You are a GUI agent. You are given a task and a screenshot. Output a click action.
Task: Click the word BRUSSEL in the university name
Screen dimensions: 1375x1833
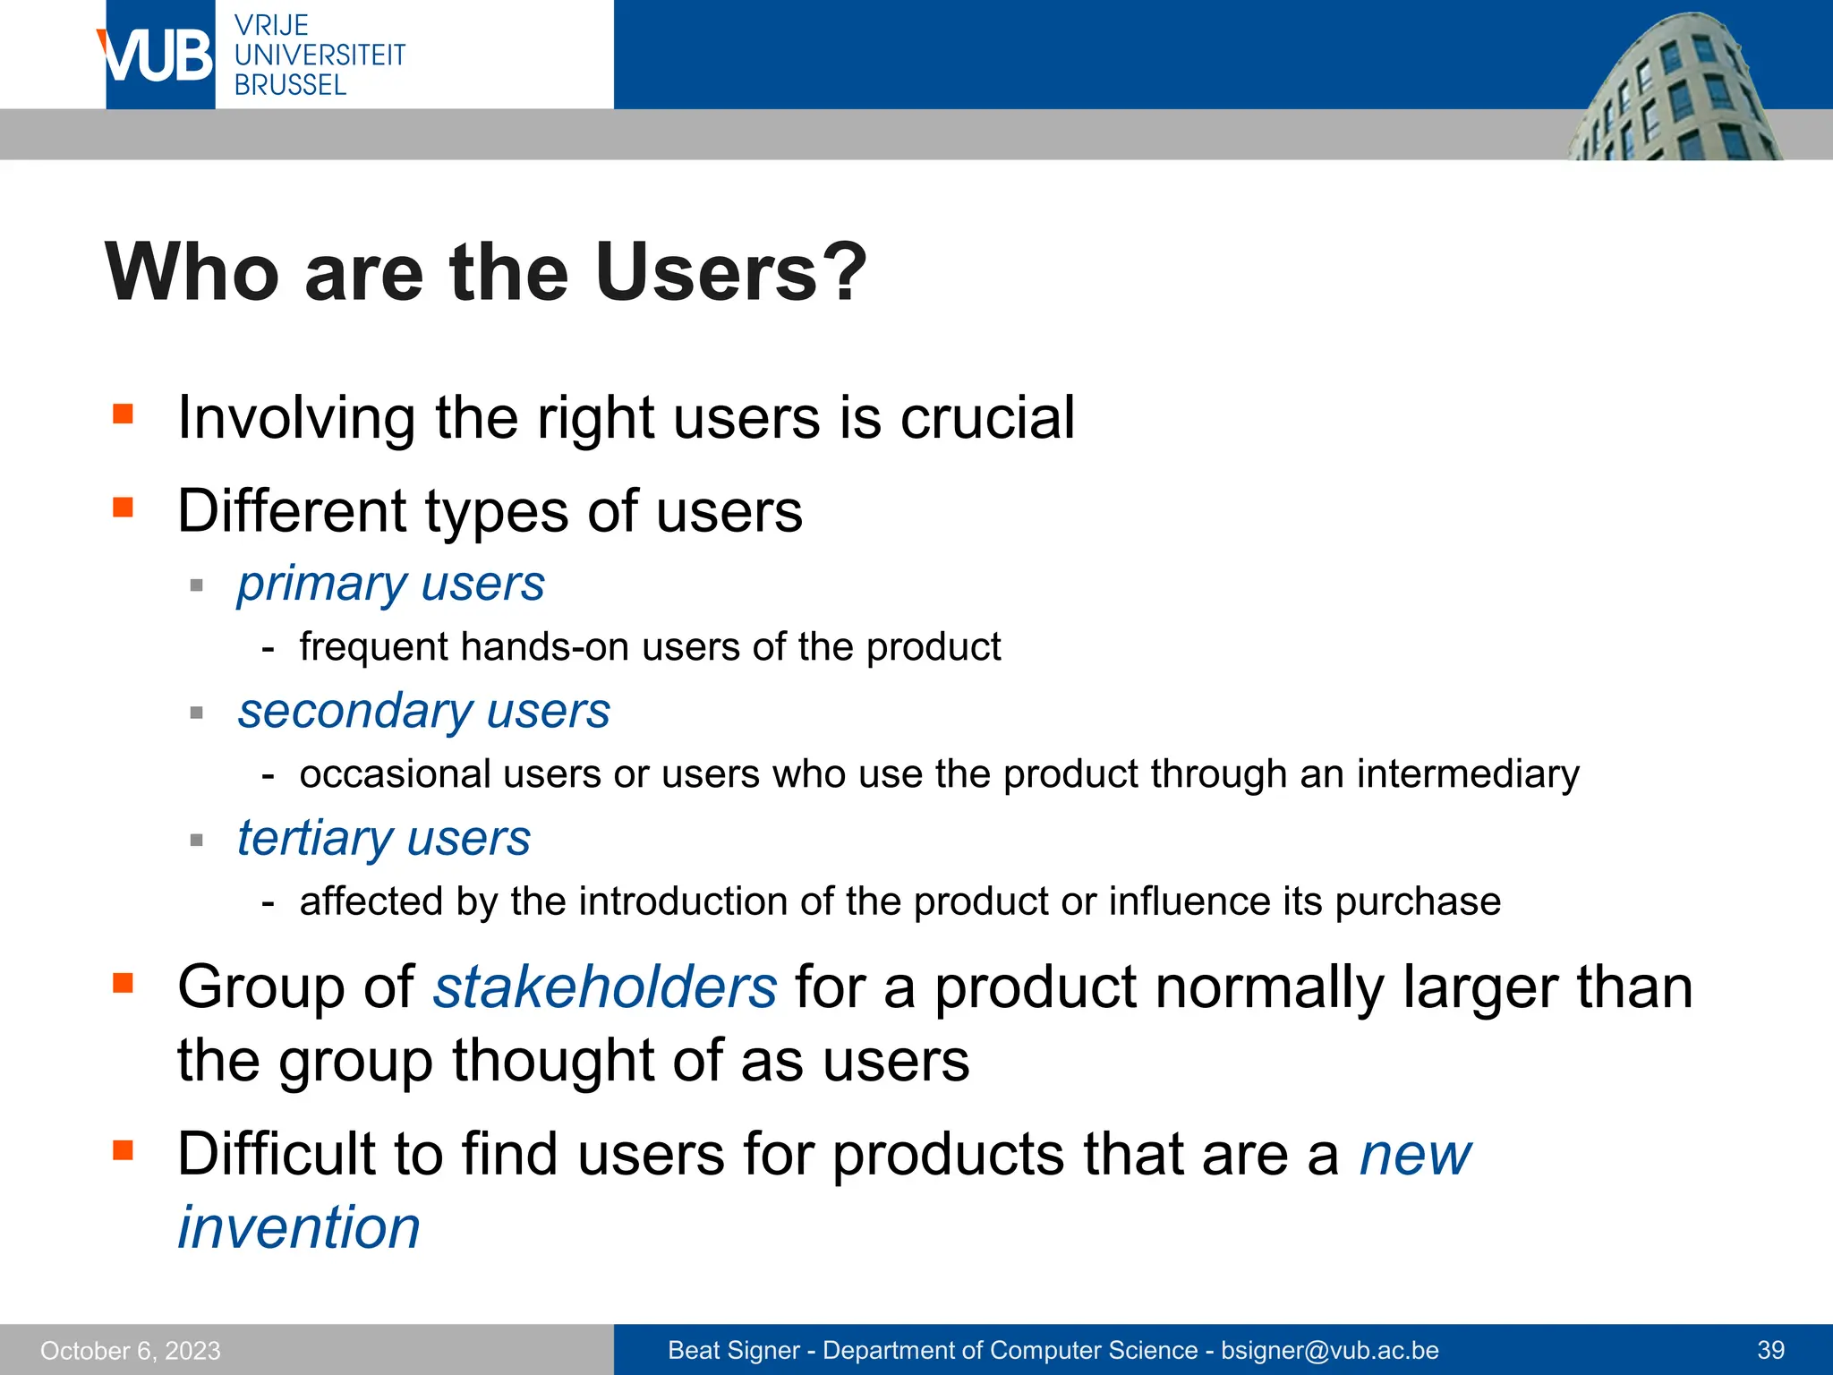tap(290, 85)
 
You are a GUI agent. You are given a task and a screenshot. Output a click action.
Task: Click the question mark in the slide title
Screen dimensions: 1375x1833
tap(844, 273)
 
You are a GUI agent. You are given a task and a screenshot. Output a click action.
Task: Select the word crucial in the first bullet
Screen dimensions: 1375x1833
tap(987, 418)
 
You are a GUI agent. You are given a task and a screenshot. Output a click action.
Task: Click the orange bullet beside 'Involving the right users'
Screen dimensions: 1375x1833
tap(123, 414)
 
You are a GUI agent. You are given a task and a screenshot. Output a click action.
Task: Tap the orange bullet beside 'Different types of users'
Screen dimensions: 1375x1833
tap(123, 508)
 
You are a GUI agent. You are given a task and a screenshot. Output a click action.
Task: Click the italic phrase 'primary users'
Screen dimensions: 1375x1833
tap(391, 585)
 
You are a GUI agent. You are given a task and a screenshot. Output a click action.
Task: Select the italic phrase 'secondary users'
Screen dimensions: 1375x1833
tap(423, 712)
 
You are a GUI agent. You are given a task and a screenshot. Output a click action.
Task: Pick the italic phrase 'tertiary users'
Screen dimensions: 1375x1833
tap(384, 839)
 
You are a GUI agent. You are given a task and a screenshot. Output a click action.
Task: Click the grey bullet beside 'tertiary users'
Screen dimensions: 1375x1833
tap(197, 840)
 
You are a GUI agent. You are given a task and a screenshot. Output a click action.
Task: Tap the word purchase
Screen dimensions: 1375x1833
tap(1418, 901)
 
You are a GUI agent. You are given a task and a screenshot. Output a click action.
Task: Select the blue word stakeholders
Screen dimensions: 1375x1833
tap(605, 987)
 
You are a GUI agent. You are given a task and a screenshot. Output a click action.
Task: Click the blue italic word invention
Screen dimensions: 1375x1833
tap(299, 1227)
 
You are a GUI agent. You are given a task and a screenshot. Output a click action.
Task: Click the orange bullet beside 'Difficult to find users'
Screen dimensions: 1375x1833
tap(123, 1149)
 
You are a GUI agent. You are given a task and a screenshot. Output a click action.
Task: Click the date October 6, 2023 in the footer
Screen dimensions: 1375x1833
tap(131, 1351)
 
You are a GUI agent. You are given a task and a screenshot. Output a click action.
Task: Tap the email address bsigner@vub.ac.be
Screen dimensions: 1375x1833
tap(1330, 1351)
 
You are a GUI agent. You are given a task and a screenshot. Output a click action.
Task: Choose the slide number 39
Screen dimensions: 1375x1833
tap(1771, 1351)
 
